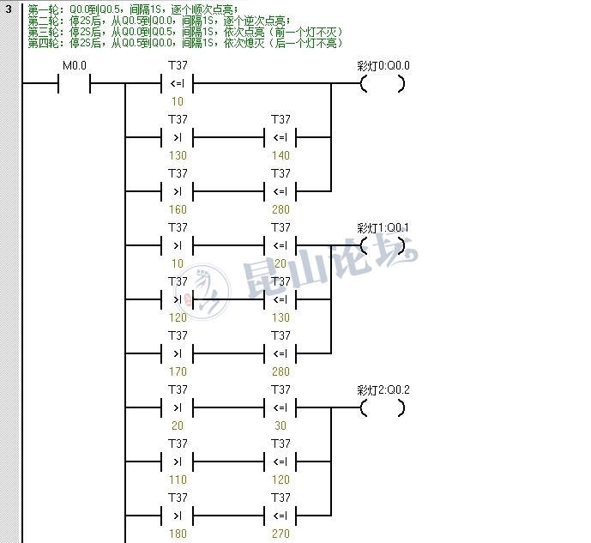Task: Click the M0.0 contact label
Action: pos(75,66)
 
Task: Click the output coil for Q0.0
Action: pos(383,84)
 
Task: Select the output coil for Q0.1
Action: pos(383,245)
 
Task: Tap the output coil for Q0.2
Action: pos(383,407)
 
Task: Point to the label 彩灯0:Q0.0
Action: pos(383,66)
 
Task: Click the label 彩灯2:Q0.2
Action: pos(383,389)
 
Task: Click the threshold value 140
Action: pos(280,155)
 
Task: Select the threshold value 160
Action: pos(178,209)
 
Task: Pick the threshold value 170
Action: pos(178,371)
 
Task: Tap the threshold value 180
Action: pos(178,534)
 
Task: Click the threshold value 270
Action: pos(280,534)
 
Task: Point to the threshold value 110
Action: pos(178,480)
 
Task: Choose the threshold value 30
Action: pos(280,425)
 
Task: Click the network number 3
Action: pos(9,9)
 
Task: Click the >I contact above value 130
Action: pos(178,137)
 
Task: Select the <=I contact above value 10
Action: pos(178,84)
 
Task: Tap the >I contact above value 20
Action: pos(178,407)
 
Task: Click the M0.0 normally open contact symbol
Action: pos(75,84)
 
